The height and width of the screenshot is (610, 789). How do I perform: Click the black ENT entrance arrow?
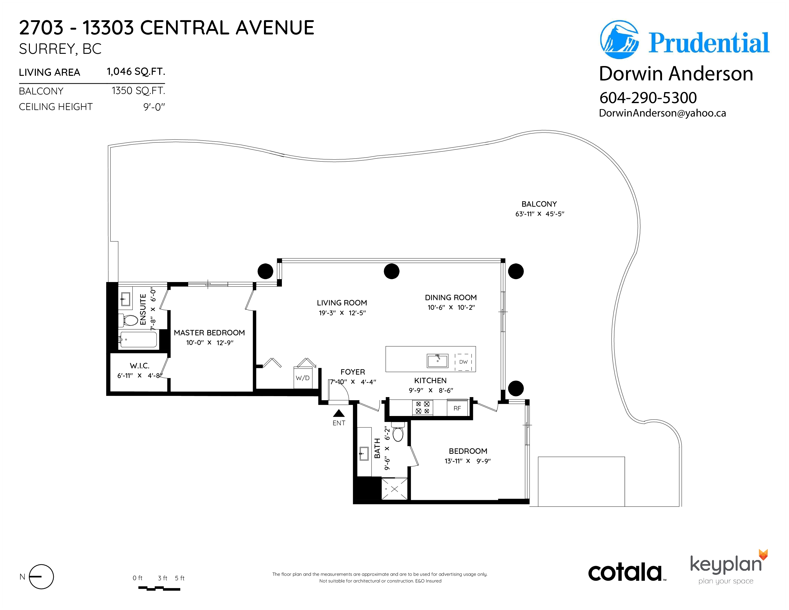(x=339, y=413)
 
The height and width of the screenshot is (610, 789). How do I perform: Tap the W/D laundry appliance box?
(x=303, y=378)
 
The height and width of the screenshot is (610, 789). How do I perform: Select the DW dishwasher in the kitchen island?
(x=463, y=362)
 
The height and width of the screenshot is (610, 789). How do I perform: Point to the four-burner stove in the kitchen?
(x=423, y=408)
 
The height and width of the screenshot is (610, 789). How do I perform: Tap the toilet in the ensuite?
(x=129, y=320)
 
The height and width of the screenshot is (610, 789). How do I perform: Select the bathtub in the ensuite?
(x=138, y=340)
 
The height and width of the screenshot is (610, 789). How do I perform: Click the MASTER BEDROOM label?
(x=209, y=333)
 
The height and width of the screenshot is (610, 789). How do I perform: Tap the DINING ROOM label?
(x=450, y=297)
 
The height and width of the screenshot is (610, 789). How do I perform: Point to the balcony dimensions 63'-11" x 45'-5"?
(x=539, y=214)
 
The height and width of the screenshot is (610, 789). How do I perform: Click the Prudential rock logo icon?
(x=619, y=40)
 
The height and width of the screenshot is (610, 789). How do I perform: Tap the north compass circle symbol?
(x=41, y=577)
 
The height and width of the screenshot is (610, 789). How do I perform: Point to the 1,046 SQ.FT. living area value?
(x=136, y=72)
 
